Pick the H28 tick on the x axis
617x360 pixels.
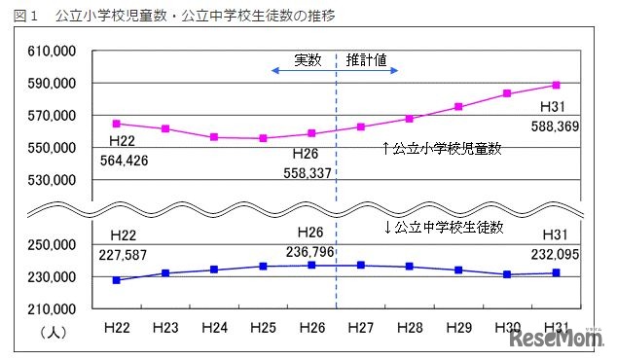tap(409, 327)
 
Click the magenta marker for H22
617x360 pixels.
tap(117, 124)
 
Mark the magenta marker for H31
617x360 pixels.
tap(556, 85)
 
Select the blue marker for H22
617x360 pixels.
tap(117, 280)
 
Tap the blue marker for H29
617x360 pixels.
tap(458, 270)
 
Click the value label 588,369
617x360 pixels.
tap(556, 126)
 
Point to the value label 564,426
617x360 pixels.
tap(125, 162)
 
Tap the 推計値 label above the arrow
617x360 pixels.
tap(367, 59)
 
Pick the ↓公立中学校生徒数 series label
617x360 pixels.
tap(445, 227)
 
